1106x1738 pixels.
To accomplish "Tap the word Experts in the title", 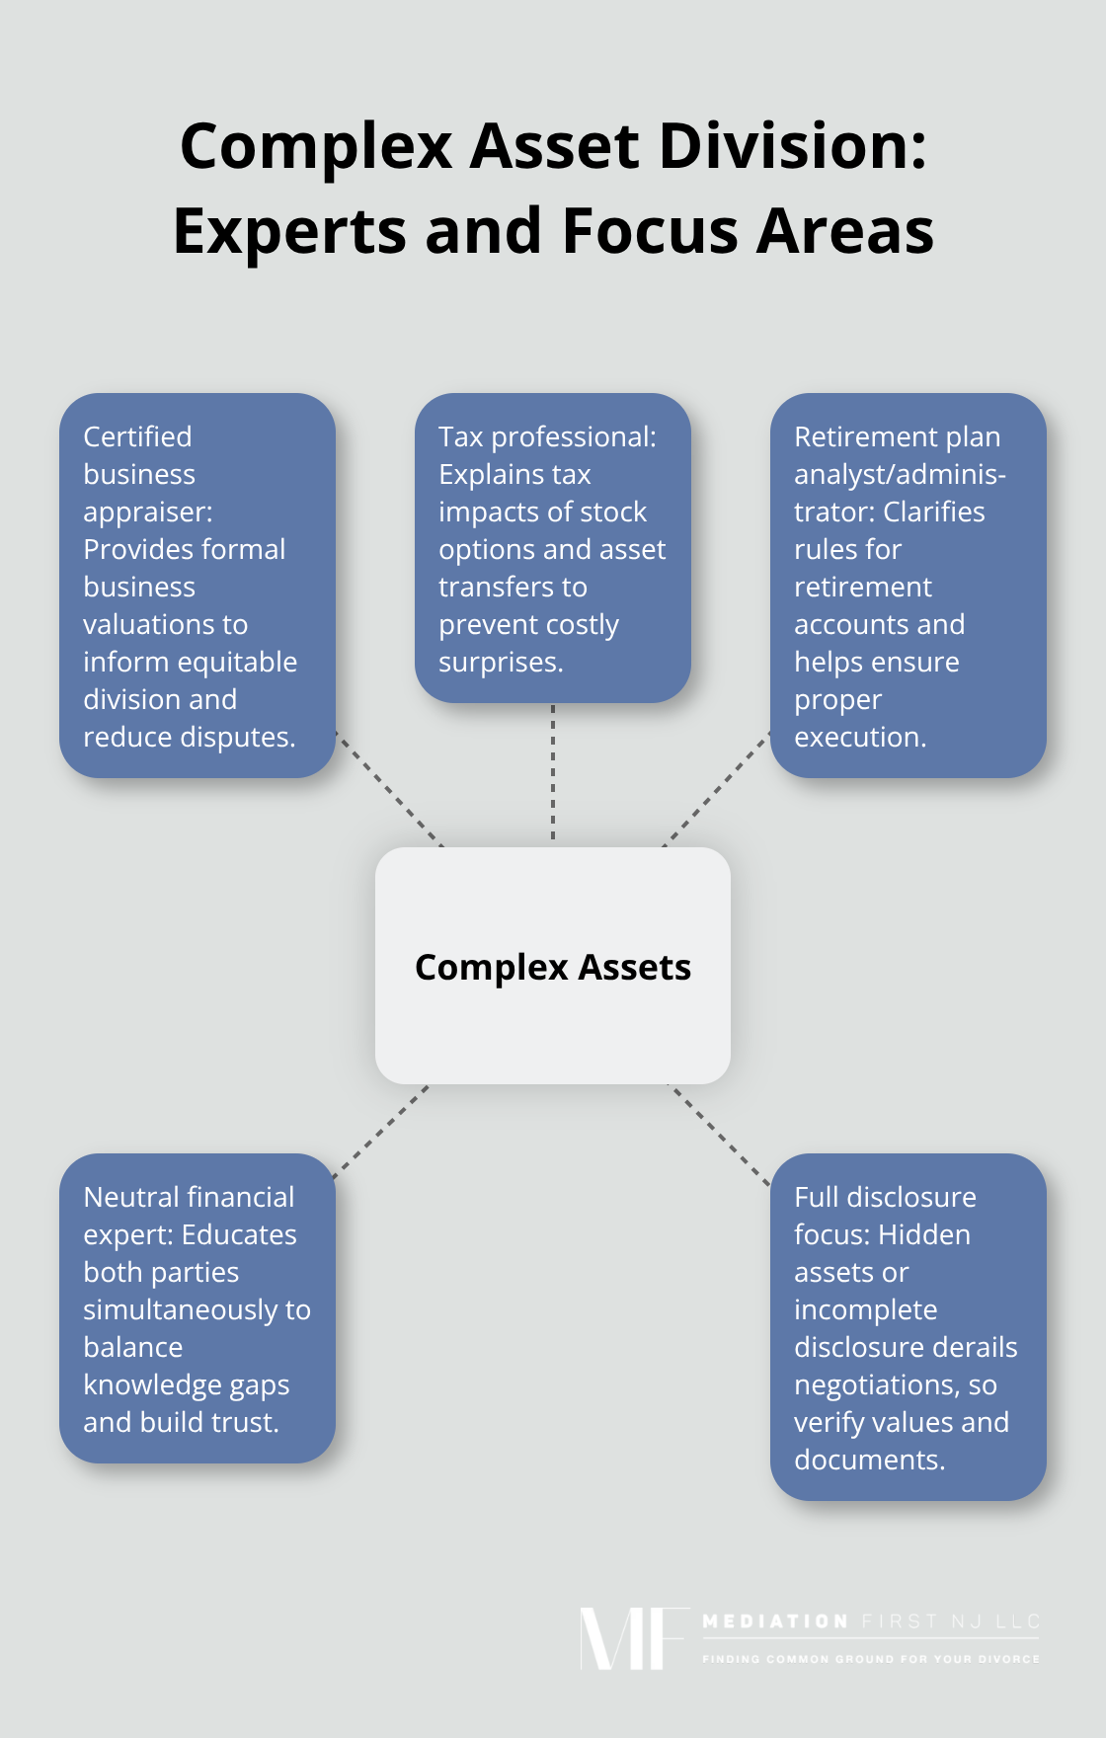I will (x=288, y=231).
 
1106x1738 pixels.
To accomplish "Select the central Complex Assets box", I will (x=553, y=966).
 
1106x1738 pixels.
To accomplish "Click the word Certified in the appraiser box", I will (x=137, y=436).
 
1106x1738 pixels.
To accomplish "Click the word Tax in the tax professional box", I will (x=460, y=436).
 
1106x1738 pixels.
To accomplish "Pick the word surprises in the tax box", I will (x=500, y=662).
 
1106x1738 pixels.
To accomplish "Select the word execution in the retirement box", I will (x=859, y=737).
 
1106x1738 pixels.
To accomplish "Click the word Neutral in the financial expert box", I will (x=132, y=1197).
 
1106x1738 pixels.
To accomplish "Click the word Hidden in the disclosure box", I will (x=924, y=1234).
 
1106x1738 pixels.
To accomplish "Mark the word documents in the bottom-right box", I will (x=869, y=1460).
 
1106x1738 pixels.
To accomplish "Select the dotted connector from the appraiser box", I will (x=389, y=790).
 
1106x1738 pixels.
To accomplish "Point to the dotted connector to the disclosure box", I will (x=719, y=1134).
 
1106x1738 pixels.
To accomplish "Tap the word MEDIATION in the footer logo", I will (x=775, y=1621).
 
